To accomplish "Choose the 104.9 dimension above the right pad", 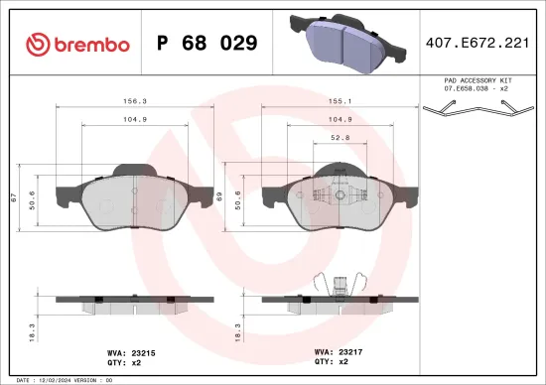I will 340,120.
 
